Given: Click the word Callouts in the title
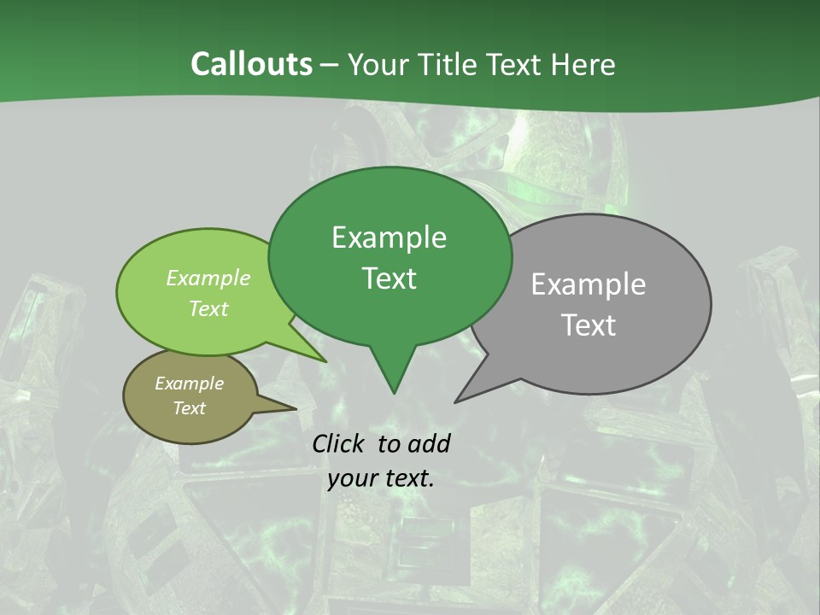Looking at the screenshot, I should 251,64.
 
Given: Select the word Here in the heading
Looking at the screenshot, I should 586,64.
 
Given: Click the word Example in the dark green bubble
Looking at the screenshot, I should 389,237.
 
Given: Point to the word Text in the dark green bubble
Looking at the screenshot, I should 389,278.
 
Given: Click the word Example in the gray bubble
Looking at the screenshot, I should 589,284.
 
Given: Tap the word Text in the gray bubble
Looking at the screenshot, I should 589,325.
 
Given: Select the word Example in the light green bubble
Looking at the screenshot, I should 208,278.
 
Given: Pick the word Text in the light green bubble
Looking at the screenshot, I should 208,308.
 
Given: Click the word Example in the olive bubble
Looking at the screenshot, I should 190,384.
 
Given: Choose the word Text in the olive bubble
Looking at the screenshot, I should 190,408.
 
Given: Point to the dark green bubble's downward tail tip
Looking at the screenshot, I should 394,393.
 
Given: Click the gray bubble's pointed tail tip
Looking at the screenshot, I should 455,401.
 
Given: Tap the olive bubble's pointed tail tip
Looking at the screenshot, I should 296,408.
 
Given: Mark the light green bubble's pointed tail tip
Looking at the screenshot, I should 325,361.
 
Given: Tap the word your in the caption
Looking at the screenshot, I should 351,478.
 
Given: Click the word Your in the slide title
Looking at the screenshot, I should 377,64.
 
